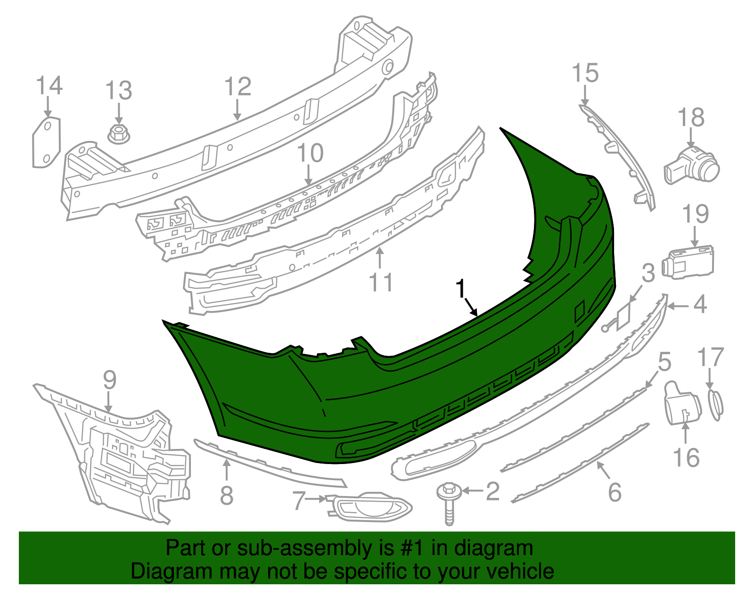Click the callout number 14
[49, 86]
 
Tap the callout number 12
[238, 87]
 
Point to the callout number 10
[310, 153]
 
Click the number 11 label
[381, 282]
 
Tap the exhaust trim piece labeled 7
[370, 507]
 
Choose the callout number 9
[109, 380]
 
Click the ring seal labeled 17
[716, 405]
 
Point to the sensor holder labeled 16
[683, 403]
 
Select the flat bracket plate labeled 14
[47, 142]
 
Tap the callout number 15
[585, 74]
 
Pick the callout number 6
[615, 492]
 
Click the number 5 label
[664, 362]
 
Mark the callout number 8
[227, 495]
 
